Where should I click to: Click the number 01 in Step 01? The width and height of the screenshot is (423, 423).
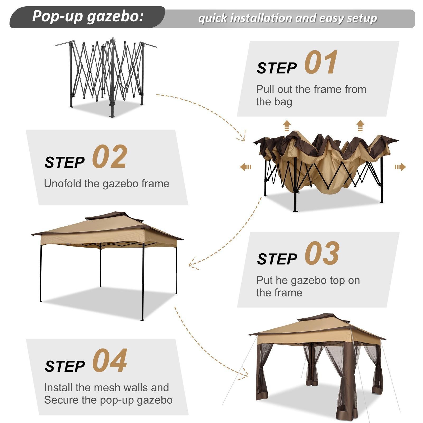[321, 63]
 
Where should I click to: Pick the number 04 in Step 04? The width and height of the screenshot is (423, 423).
[110, 361]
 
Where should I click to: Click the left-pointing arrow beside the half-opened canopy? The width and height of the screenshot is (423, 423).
[246, 167]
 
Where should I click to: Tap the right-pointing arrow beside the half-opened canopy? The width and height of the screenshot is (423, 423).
[400, 167]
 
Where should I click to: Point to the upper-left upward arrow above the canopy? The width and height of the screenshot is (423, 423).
[287, 126]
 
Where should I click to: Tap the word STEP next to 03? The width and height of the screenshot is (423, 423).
[277, 259]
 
